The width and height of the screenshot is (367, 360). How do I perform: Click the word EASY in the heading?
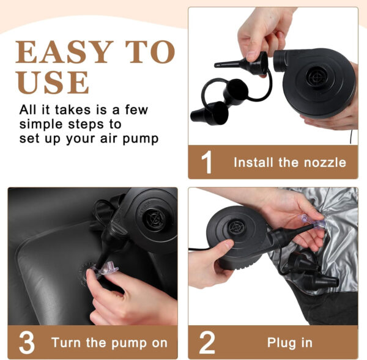tap(64, 52)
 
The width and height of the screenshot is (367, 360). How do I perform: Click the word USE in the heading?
tap(53, 82)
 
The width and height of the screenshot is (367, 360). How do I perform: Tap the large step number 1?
tap(207, 162)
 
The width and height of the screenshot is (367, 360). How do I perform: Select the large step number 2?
tap(207, 343)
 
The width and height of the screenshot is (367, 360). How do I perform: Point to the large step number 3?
tap(27, 343)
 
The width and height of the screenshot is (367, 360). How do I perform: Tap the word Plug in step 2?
tap(281, 343)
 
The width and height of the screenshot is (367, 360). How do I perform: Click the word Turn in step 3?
tap(66, 343)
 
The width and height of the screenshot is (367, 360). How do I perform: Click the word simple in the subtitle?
tap(41, 125)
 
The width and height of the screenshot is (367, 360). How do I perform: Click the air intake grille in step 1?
tap(316, 76)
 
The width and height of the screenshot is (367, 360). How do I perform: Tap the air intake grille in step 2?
tap(235, 227)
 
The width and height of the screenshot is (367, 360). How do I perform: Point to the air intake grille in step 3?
tap(155, 219)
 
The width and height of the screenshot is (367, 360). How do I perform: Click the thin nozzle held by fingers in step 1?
tap(241, 63)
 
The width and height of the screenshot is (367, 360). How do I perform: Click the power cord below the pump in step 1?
tap(351, 137)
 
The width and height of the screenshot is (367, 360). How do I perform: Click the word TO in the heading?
tap(150, 52)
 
